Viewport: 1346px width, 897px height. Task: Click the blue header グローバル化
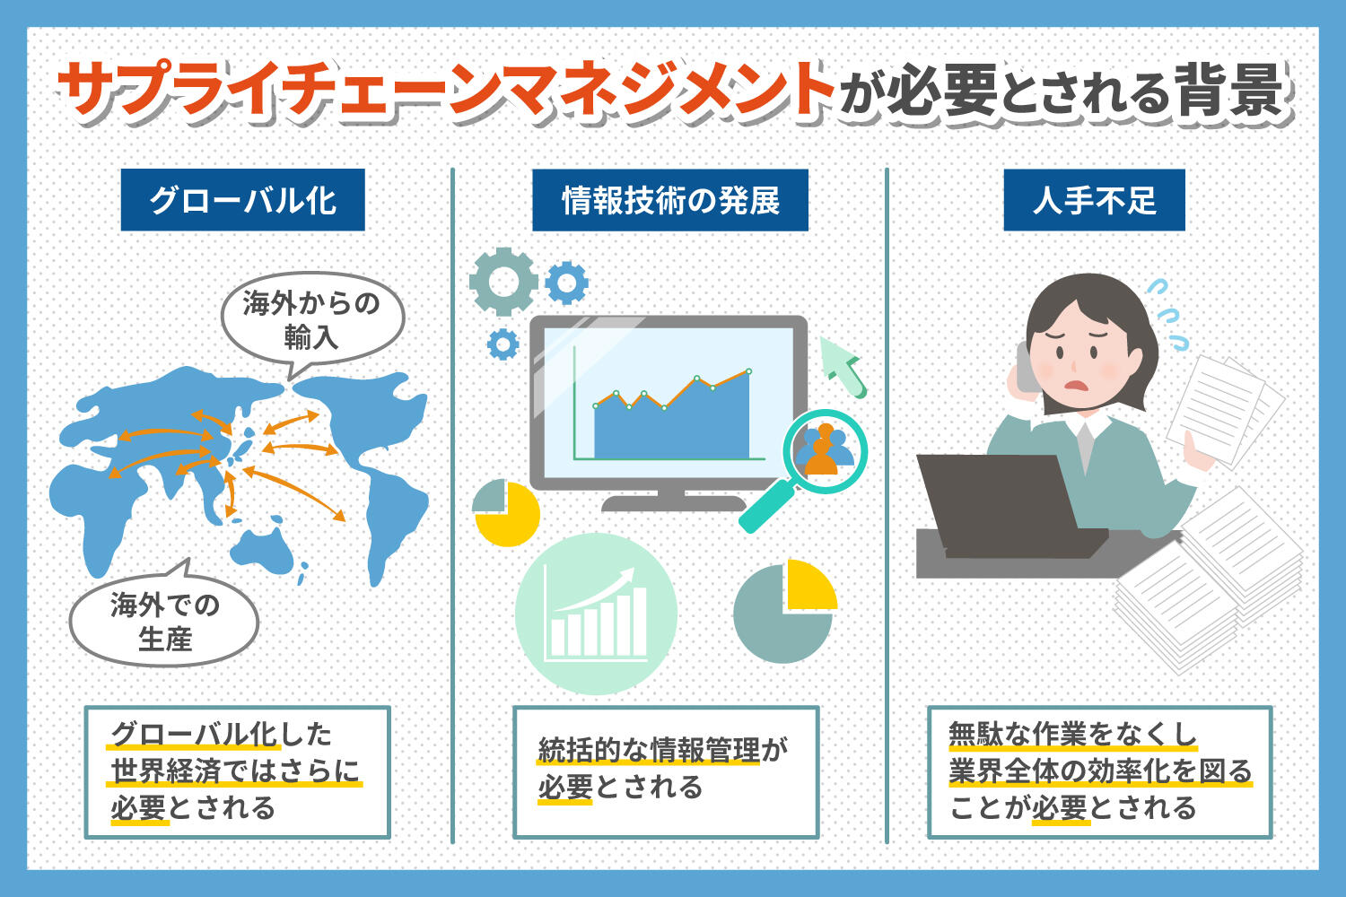242,200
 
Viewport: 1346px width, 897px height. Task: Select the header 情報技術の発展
670,200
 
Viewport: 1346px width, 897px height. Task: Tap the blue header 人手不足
1094,200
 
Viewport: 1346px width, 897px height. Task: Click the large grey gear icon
503,282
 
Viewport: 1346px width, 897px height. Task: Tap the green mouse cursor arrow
844,363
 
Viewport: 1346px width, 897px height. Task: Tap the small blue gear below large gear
503,344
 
